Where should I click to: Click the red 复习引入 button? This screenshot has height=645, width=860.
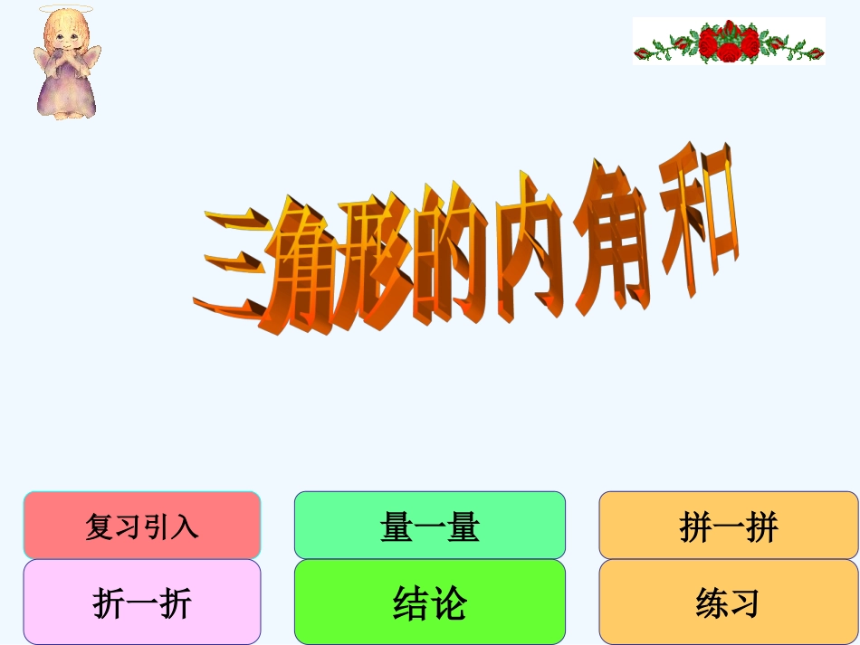pos(142,526)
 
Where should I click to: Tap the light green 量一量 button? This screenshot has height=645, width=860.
pos(430,526)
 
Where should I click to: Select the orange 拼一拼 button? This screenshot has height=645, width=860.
pos(728,526)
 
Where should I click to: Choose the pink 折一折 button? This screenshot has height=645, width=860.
pos(142,602)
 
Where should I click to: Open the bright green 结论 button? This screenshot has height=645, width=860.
pos(430,602)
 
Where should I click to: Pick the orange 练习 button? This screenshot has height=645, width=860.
pos(728,602)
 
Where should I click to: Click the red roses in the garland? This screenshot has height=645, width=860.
pos(728,42)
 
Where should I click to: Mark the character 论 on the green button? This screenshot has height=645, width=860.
pos(449,602)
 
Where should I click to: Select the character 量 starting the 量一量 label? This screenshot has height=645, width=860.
pos(397,526)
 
